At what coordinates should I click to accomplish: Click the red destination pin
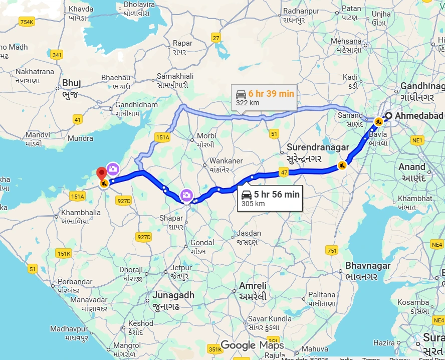102,173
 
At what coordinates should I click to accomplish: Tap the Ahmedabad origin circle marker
388,116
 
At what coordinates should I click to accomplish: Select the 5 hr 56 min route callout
270,199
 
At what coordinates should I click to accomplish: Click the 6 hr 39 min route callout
264,97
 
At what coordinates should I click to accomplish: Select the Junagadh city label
173,295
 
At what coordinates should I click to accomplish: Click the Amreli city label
253,285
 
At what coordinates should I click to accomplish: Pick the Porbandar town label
69,281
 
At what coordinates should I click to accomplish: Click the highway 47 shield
284,173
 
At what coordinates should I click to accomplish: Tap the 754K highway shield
27,22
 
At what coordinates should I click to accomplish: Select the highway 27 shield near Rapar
216,38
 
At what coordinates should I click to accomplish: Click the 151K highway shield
64,254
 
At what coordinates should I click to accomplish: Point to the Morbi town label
206,136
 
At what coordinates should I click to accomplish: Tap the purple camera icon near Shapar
186,195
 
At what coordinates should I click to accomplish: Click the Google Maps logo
253,345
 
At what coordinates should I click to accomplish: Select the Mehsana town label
346,41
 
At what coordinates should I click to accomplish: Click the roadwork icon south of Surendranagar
342,164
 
